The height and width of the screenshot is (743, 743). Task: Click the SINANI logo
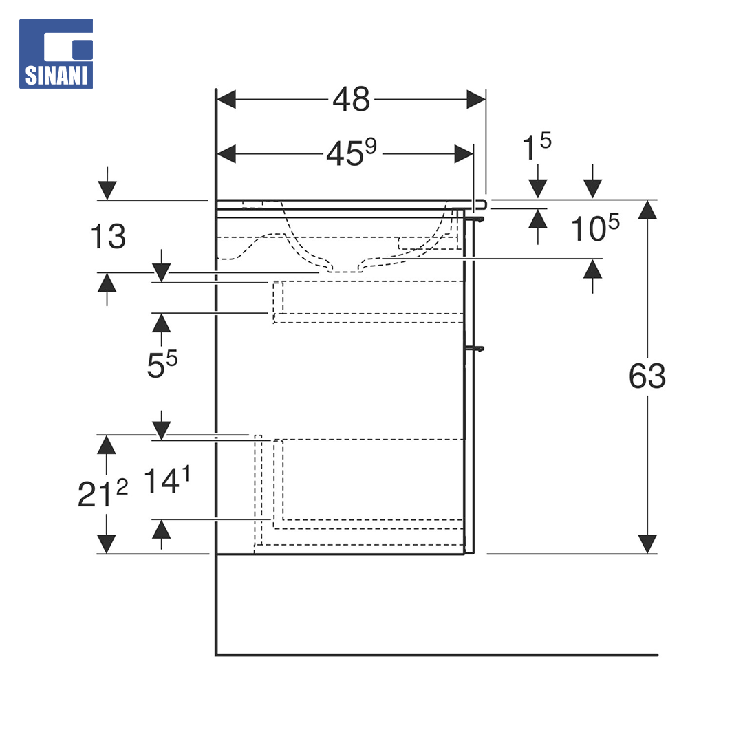[56, 54]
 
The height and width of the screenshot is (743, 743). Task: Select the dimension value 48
[351, 100]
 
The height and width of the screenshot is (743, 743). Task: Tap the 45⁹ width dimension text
[352, 153]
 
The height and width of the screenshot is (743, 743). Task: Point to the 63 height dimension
[647, 376]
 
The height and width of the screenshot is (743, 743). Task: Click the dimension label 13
[108, 237]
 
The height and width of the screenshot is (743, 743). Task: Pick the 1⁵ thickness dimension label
[537, 147]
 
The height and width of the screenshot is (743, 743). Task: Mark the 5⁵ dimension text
[162, 365]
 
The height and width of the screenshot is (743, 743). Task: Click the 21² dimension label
[103, 493]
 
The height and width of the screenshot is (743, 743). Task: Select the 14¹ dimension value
[166, 480]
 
